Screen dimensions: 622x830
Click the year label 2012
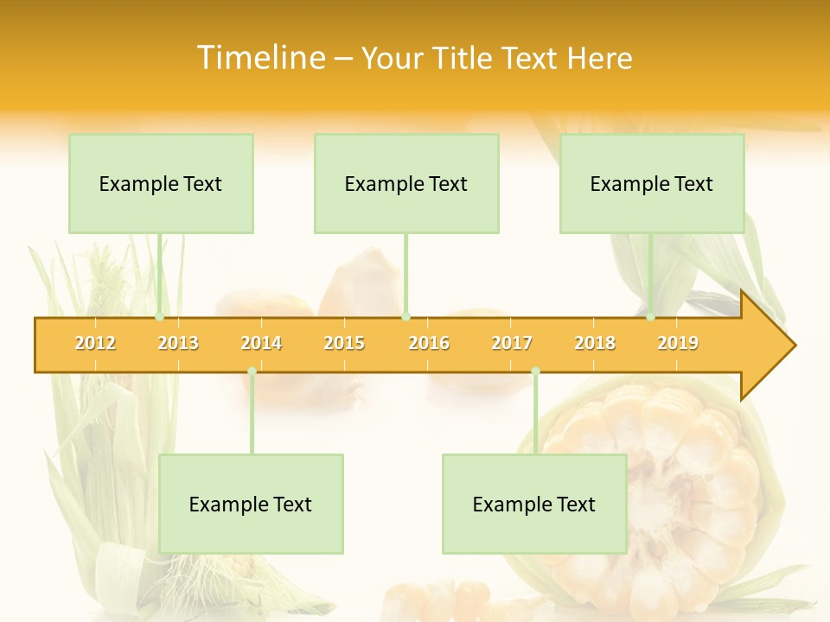click(95, 343)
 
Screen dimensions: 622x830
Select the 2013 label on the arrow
click(178, 343)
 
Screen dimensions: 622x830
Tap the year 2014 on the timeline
click(261, 343)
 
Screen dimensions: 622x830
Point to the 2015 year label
click(344, 343)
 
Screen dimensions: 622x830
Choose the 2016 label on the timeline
click(429, 343)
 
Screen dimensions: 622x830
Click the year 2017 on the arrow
click(512, 343)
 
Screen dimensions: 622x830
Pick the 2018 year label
click(595, 343)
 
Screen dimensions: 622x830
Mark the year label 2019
click(678, 343)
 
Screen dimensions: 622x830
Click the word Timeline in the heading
click(260, 58)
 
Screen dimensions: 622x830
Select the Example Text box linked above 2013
click(161, 183)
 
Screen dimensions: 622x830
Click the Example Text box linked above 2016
click(406, 183)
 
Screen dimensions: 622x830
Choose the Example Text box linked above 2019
click(652, 183)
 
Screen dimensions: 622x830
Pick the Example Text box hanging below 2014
click(251, 504)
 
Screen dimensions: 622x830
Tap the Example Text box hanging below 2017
click(534, 504)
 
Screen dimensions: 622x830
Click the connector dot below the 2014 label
click(252, 371)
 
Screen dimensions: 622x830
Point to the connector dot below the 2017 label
click(535, 371)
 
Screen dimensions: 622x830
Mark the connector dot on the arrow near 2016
click(406, 317)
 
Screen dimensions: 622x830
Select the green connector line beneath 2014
click(252, 415)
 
